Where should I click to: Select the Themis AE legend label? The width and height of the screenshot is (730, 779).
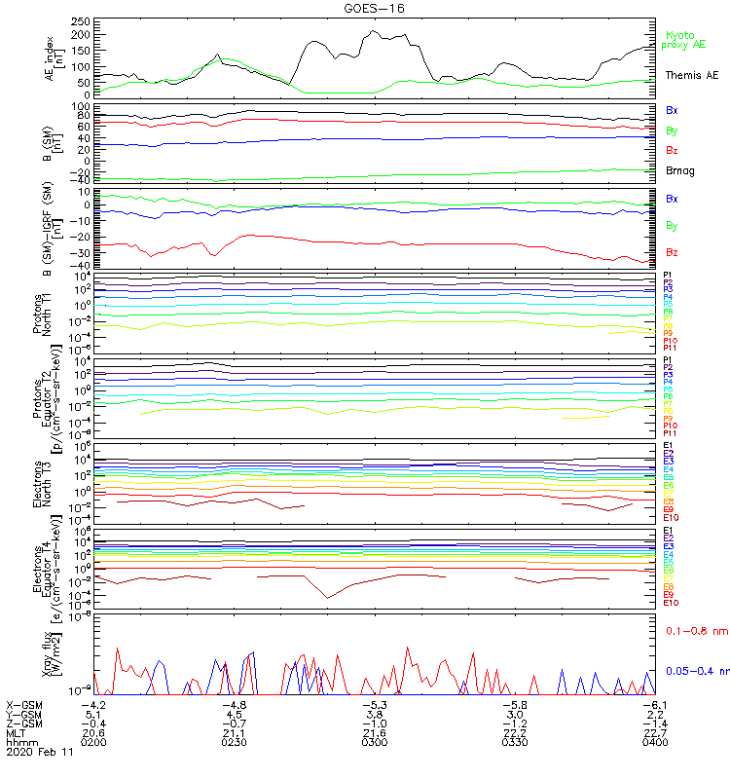(x=692, y=75)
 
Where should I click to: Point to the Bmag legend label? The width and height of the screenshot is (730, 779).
(x=680, y=171)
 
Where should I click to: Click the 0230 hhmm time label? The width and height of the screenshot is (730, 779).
(x=235, y=742)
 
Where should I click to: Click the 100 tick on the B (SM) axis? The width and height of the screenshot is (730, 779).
(x=82, y=106)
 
